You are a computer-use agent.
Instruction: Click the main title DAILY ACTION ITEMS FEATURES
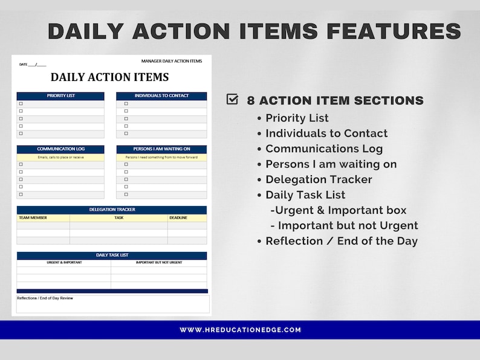click(x=255, y=31)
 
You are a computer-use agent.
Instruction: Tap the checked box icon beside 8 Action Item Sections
click(x=232, y=100)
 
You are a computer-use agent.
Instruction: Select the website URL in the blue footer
click(x=240, y=330)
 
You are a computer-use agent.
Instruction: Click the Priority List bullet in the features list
click(x=297, y=118)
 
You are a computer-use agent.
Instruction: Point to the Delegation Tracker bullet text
click(x=319, y=179)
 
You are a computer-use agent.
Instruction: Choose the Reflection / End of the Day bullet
click(x=342, y=240)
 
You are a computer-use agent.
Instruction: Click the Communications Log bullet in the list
click(x=324, y=149)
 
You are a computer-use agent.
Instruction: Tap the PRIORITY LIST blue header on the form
click(x=60, y=96)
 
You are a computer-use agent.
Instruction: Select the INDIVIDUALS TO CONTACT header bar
click(x=161, y=96)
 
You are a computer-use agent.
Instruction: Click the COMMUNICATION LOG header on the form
click(x=60, y=149)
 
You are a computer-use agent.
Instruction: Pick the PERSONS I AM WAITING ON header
click(x=161, y=149)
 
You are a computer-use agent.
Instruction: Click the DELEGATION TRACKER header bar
click(x=111, y=210)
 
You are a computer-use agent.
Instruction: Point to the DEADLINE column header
click(x=178, y=218)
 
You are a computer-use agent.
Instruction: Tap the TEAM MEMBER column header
click(x=33, y=218)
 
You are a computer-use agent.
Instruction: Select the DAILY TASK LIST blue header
click(x=111, y=256)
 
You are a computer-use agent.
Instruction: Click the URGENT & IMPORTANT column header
click(x=64, y=263)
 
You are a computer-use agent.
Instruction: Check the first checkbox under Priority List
click(x=21, y=104)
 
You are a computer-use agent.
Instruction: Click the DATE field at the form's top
click(x=33, y=64)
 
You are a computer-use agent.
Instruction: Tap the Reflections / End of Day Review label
click(x=45, y=298)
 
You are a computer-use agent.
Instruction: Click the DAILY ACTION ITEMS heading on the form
click(x=109, y=77)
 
